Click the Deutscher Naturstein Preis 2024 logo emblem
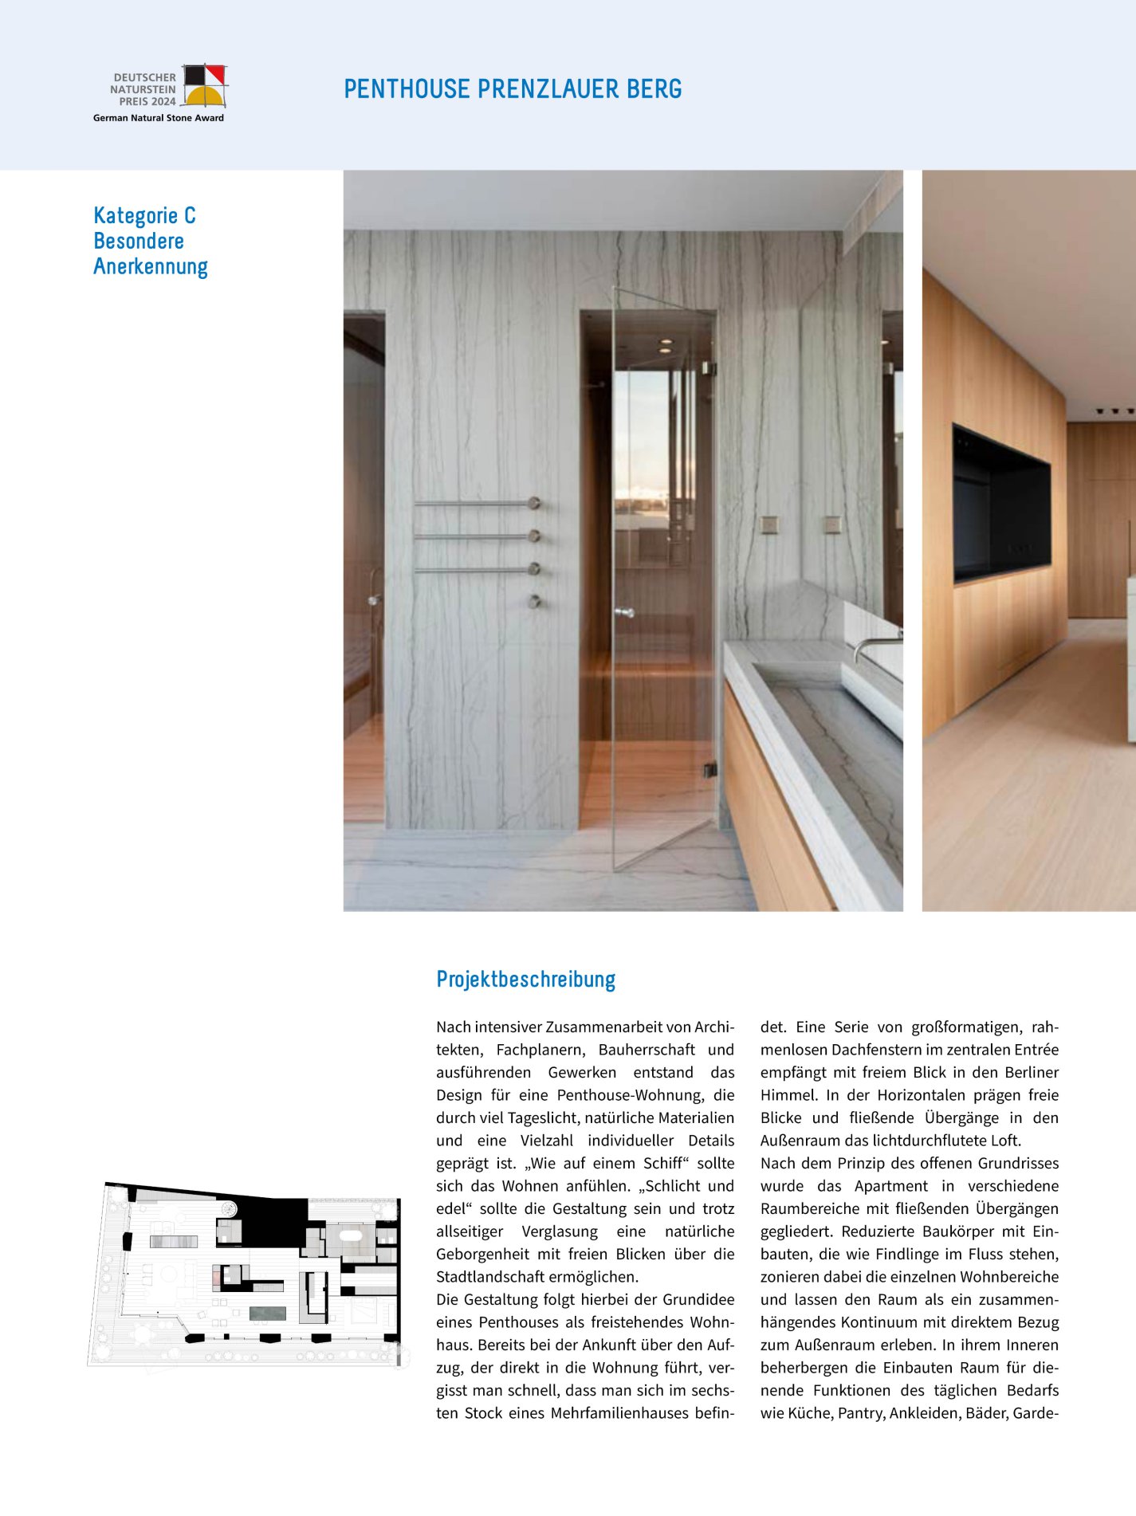(205, 85)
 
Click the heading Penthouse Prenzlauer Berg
(513, 88)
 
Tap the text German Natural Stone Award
(158, 118)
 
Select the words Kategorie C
(144, 216)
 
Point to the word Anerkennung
(150, 266)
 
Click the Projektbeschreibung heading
(525, 979)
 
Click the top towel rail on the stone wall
(476, 503)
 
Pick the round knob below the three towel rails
(535, 601)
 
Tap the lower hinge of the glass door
(708, 770)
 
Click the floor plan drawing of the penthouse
(245, 1274)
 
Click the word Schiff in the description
(662, 1163)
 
